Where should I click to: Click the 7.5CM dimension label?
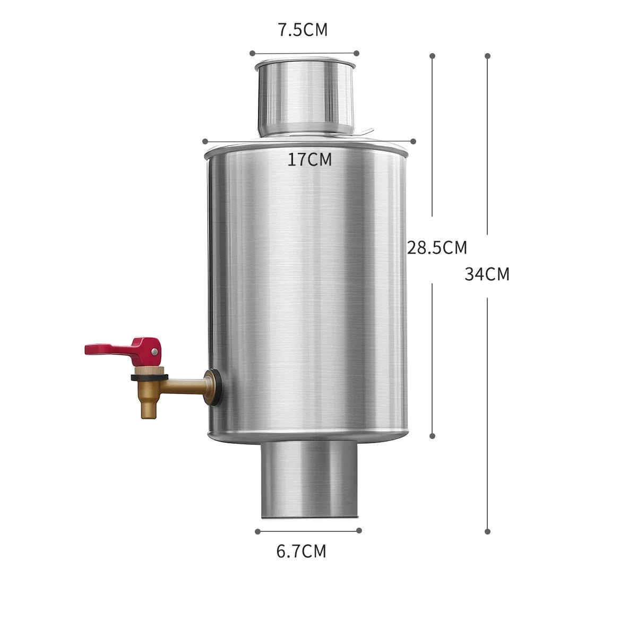pyautogui.click(x=303, y=30)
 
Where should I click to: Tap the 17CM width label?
pyautogui.click(x=310, y=159)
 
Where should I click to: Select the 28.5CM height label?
pyautogui.click(x=437, y=247)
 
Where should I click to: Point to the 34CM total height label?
pyautogui.click(x=487, y=274)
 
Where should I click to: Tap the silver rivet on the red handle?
pyautogui.click(x=154, y=351)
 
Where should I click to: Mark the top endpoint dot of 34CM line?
pyautogui.click(x=488, y=55)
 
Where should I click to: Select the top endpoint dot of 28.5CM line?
pyautogui.click(x=433, y=55)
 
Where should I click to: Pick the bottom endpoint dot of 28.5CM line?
pyautogui.click(x=433, y=435)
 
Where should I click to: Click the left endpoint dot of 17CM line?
pyautogui.click(x=205, y=141)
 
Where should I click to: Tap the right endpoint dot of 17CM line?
pyautogui.click(x=414, y=141)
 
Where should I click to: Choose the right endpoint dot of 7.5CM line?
pyautogui.click(x=356, y=53)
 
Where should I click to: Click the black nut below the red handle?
pyautogui.click(x=149, y=377)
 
